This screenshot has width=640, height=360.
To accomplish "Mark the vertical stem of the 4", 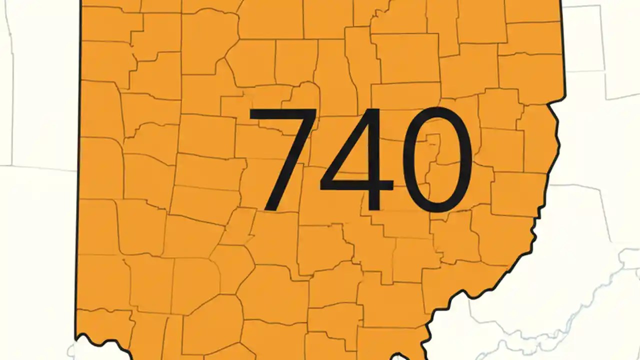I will [373, 160].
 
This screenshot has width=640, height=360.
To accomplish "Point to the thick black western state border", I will [79, 200].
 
